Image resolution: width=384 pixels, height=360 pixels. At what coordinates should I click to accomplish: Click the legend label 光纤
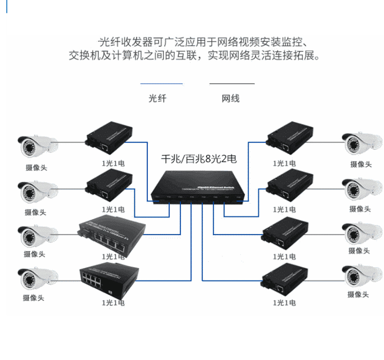[157, 99]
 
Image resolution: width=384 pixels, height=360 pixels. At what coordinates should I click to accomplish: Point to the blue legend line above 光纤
[161, 84]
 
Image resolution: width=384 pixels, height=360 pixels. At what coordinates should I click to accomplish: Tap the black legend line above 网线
[232, 84]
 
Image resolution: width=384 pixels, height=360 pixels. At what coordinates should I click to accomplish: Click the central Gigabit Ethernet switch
[196, 185]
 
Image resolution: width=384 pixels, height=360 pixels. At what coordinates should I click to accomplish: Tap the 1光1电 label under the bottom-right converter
[284, 302]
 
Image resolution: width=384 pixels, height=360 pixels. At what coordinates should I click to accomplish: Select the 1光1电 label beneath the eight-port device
[113, 302]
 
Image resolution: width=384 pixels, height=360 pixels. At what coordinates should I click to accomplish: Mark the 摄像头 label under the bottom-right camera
[358, 294]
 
